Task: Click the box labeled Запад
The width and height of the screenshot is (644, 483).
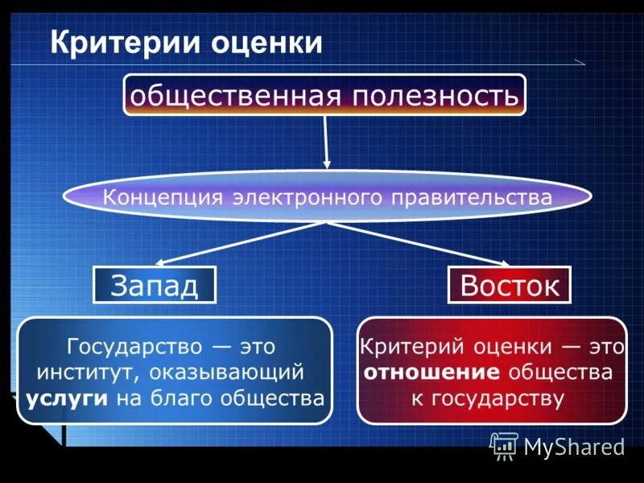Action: [x=155, y=284]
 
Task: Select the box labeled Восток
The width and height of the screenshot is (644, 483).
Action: [x=509, y=284]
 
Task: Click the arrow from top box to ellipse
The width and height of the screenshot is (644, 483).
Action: [x=326, y=141]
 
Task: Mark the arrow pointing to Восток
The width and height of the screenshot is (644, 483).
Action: [x=419, y=243]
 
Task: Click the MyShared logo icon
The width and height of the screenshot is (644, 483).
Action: [x=505, y=445]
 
